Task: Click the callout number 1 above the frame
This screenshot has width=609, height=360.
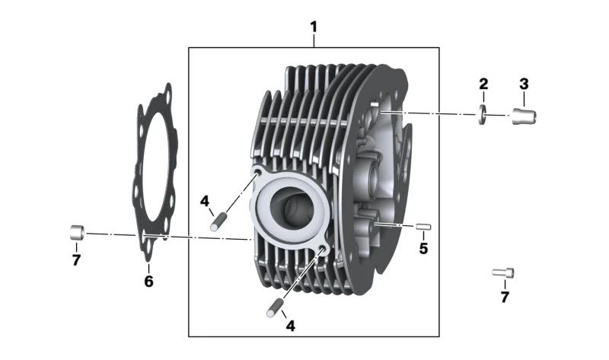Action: (x=314, y=27)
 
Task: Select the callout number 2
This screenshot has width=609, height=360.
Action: (x=483, y=84)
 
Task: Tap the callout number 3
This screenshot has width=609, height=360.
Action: (x=524, y=84)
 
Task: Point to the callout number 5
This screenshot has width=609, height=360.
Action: (x=423, y=249)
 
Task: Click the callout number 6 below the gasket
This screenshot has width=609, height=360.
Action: (x=148, y=281)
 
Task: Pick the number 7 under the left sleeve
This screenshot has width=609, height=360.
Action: (x=76, y=260)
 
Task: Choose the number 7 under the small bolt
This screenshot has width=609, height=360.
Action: (x=505, y=297)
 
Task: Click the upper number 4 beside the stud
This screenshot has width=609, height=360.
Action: (x=204, y=201)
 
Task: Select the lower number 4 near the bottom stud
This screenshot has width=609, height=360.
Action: (x=291, y=326)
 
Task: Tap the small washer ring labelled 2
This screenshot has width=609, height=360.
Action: (x=483, y=115)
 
